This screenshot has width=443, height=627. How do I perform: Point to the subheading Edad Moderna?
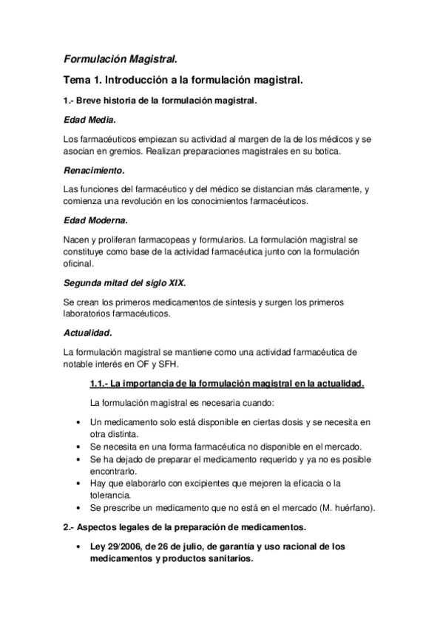coord(95,220)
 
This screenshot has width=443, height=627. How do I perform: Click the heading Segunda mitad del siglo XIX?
coord(124,283)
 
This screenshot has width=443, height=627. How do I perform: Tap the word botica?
coord(324,152)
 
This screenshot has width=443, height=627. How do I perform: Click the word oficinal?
coord(78,263)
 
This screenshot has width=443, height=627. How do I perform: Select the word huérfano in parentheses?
coord(353,507)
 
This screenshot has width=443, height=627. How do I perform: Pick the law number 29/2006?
coord(120,547)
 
